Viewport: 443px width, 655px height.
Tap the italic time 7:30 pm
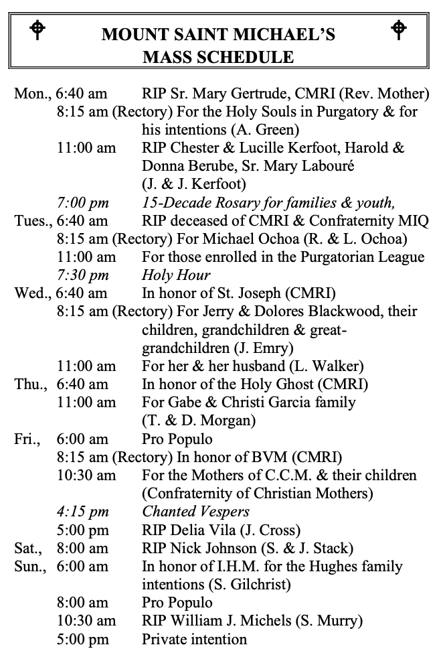click(83, 275)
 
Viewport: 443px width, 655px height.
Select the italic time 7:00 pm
click(83, 202)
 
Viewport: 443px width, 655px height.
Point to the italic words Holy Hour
click(176, 275)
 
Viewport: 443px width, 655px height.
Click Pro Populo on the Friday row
click(177, 439)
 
